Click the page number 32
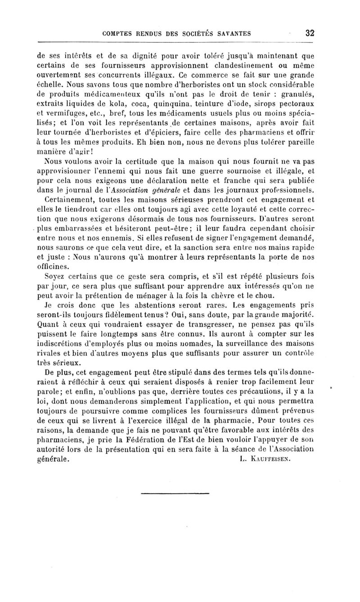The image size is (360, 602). (x=309, y=33)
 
